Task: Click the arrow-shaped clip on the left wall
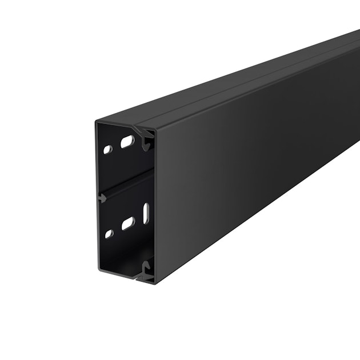(x=102, y=198)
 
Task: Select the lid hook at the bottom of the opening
(x=147, y=269)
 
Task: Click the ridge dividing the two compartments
(x=126, y=188)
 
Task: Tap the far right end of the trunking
(x=356, y=86)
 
